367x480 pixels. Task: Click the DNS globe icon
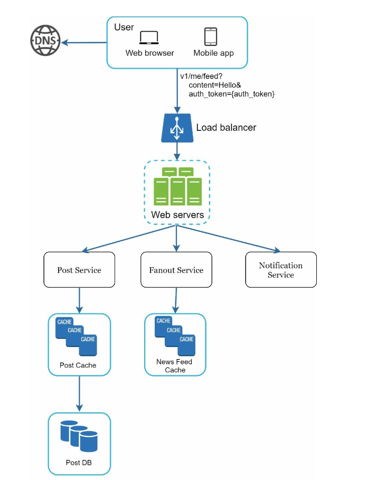click(x=45, y=41)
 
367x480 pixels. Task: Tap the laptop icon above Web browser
click(x=149, y=37)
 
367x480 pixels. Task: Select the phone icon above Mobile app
click(x=211, y=37)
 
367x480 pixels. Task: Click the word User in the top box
click(x=124, y=27)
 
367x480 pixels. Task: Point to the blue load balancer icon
click(x=177, y=128)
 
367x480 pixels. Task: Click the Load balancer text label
click(x=226, y=127)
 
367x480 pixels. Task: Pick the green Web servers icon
click(x=177, y=186)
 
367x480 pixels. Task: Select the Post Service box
click(x=79, y=270)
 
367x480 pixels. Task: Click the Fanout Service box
click(x=176, y=270)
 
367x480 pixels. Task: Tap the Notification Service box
click(x=281, y=270)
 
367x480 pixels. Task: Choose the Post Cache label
click(x=78, y=365)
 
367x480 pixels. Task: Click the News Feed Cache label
click(x=174, y=366)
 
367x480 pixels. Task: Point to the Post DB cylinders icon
click(x=79, y=436)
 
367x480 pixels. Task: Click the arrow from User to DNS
click(x=84, y=42)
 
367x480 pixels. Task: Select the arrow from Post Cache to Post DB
click(x=79, y=394)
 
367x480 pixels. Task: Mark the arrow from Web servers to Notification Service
click(x=228, y=239)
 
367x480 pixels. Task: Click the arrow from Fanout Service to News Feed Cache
click(x=176, y=300)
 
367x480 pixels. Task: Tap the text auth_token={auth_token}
click(x=231, y=94)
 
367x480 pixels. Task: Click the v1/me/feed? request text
click(x=201, y=76)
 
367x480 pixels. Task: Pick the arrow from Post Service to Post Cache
click(x=79, y=300)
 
